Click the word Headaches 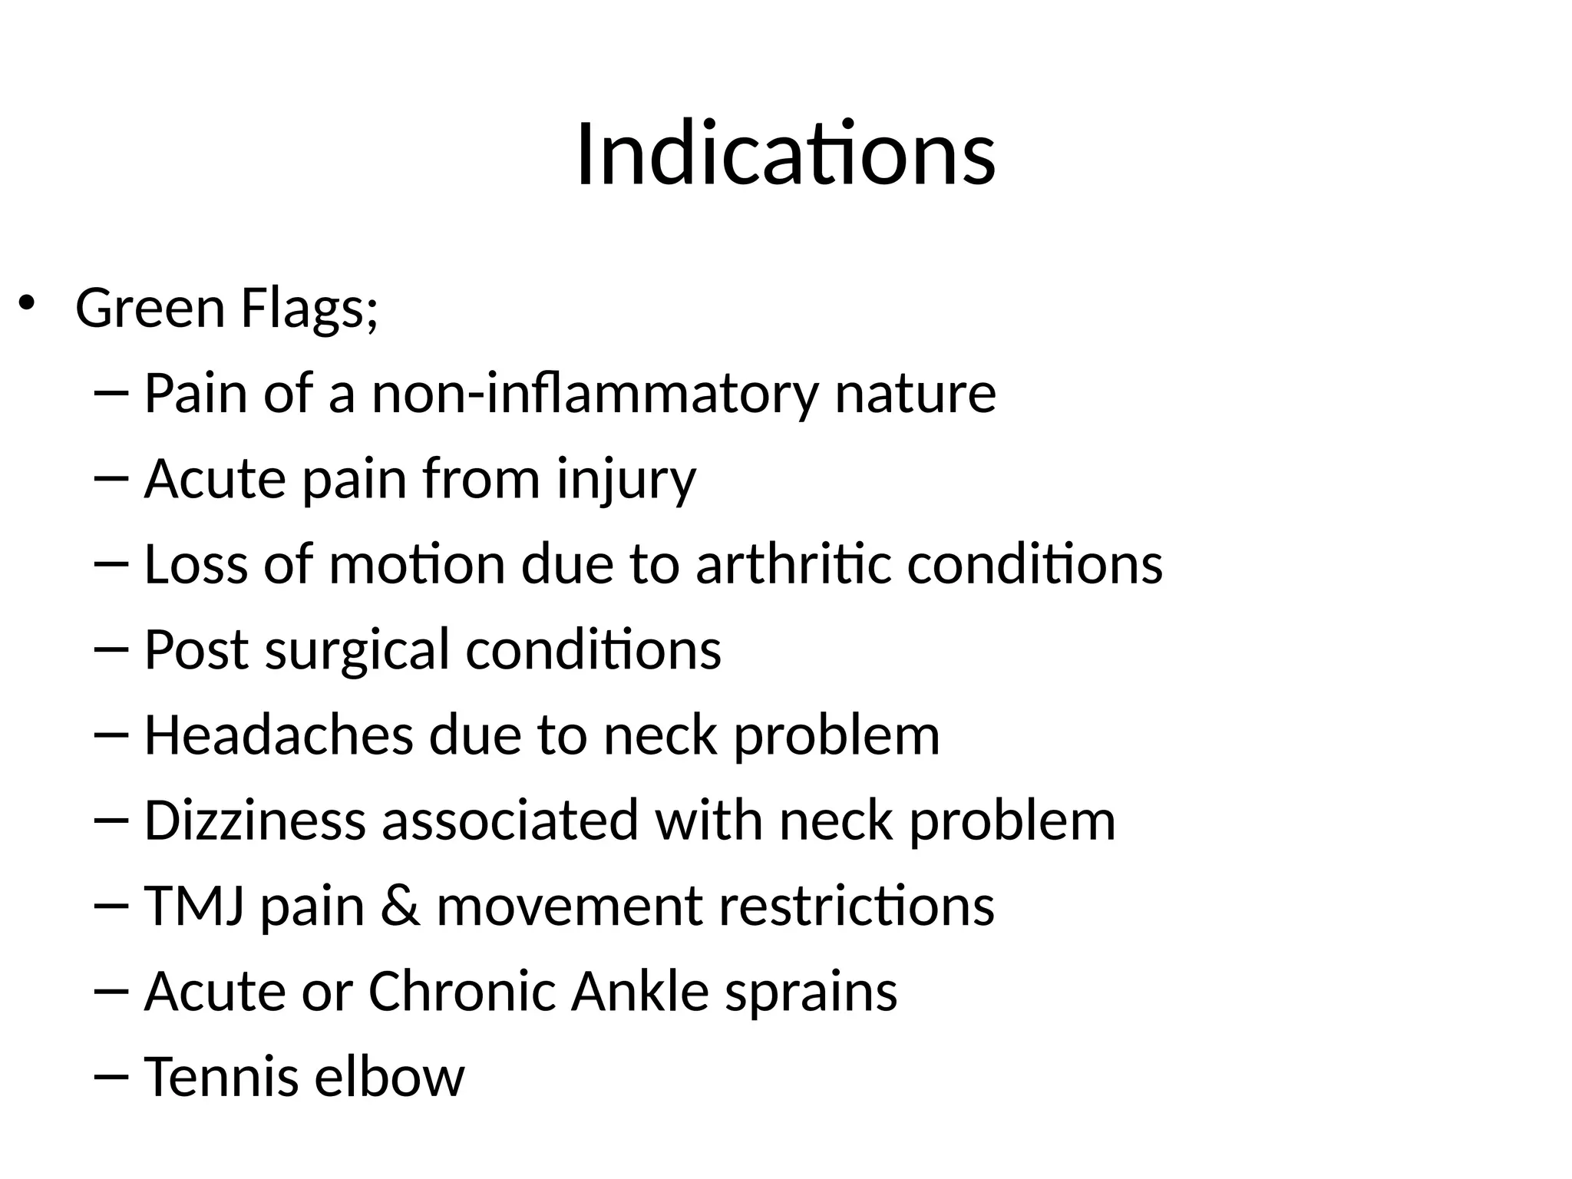(x=279, y=735)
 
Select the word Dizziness (x=255, y=821)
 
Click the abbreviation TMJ (x=194, y=906)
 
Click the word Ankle (x=639, y=991)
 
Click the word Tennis (x=221, y=1076)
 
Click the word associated (x=510, y=821)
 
